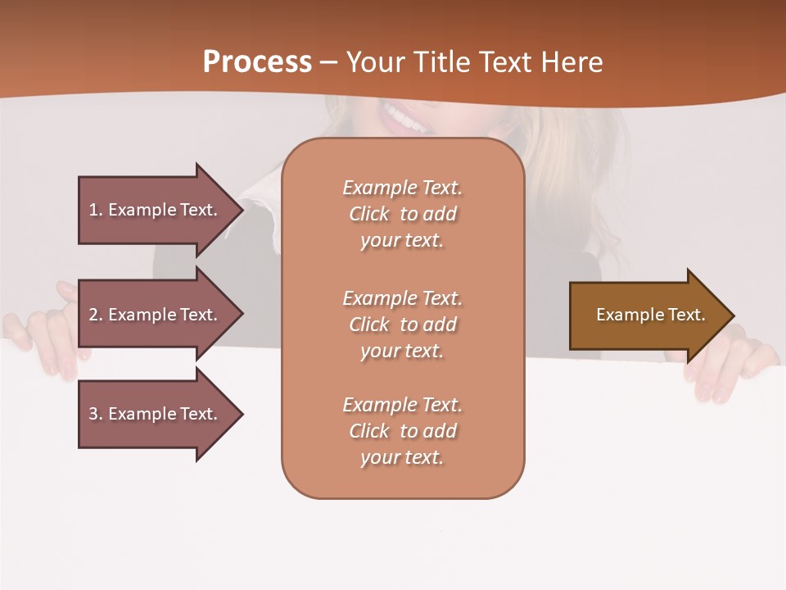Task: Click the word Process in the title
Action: pos(257,62)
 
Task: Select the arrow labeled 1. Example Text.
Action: pos(156,210)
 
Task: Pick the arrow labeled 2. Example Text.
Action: pos(156,315)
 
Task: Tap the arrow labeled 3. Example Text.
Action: pos(156,414)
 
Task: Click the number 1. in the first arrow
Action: pos(96,210)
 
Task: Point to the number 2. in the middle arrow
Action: pos(96,315)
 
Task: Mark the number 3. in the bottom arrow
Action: pos(96,414)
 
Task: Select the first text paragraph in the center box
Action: pos(402,214)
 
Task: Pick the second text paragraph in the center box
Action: pos(402,324)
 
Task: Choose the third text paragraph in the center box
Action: pos(402,431)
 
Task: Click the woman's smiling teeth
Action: pos(405,120)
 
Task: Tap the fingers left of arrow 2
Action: pos(49,336)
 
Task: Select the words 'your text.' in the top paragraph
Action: pos(402,241)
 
